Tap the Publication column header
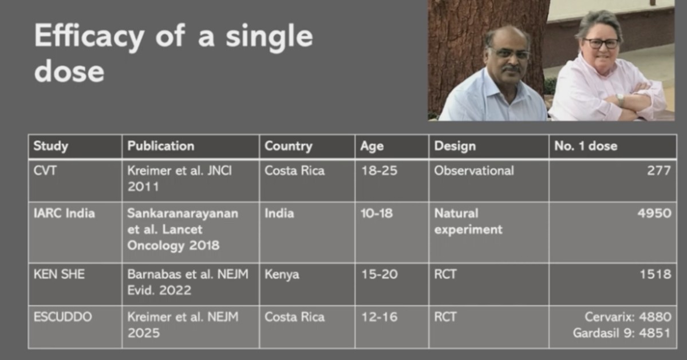point(161,146)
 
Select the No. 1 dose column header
point(586,146)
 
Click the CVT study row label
point(45,171)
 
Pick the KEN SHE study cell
point(59,274)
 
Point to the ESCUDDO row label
point(62,317)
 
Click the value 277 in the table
point(659,171)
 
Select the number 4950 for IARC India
point(654,213)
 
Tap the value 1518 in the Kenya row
point(656,274)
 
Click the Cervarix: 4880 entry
point(628,317)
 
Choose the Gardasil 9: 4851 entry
point(622,333)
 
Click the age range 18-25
point(380,171)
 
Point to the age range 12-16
point(380,317)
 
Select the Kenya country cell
point(282,275)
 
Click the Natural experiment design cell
point(468,221)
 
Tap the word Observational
point(474,171)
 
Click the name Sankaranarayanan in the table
point(183,213)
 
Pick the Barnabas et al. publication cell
point(188,282)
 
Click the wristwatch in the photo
point(620,100)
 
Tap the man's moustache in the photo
point(512,68)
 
